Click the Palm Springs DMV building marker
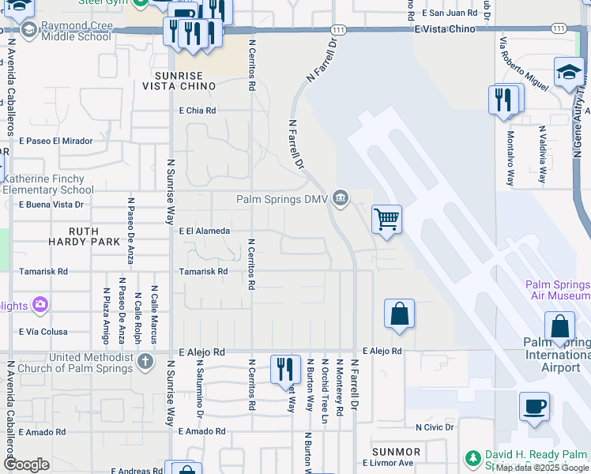pyautogui.click(x=341, y=197)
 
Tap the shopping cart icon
pyautogui.click(x=386, y=219)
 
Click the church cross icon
pyautogui.click(x=145, y=363)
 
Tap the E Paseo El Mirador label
pyautogui.click(x=55, y=141)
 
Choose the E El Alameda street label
pyautogui.click(x=204, y=231)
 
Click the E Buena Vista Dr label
pyautogui.click(x=51, y=205)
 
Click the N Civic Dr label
pyautogui.click(x=435, y=427)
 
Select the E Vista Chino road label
pyautogui.click(x=445, y=29)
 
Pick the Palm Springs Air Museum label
pyautogui.click(x=558, y=290)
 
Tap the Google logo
pyautogui.click(x=26, y=465)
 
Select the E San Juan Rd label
pyautogui.click(x=450, y=13)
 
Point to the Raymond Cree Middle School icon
pyautogui.click(x=29, y=30)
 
